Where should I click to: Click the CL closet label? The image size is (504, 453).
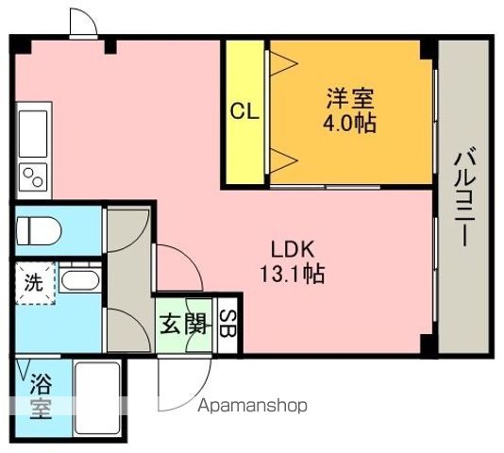tap(245, 112)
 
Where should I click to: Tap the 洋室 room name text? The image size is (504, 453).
tap(350, 98)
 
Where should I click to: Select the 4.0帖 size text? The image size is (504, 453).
tap(349, 124)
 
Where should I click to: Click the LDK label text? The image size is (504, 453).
tap(293, 249)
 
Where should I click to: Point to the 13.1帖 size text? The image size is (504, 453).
tap(293, 274)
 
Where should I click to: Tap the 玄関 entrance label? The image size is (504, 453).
tap(183, 325)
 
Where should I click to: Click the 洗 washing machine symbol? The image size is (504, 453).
tap(34, 282)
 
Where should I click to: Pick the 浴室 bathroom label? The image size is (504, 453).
tap(41, 397)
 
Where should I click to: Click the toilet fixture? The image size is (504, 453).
tap(39, 231)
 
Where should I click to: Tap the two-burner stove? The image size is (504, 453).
tap(33, 177)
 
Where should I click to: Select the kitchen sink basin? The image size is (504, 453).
tap(33, 134)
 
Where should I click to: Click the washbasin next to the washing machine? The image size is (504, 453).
tap(79, 281)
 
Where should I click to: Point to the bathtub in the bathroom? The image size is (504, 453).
tap(97, 398)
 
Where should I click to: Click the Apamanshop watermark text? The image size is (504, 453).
tap(252, 406)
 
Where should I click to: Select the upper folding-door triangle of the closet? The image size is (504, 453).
tap(284, 63)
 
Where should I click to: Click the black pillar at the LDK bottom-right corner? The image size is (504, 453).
tap(427, 344)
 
